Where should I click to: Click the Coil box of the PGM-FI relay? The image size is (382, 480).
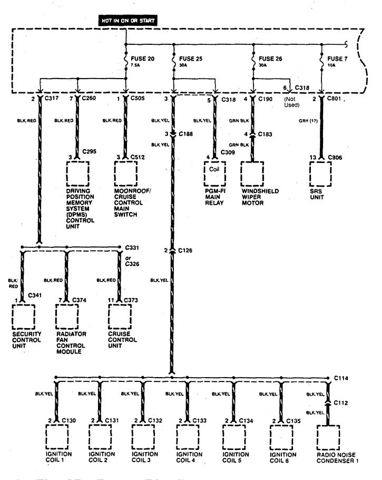[214, 170]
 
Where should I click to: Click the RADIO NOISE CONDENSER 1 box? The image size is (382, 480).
[328, 435]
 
